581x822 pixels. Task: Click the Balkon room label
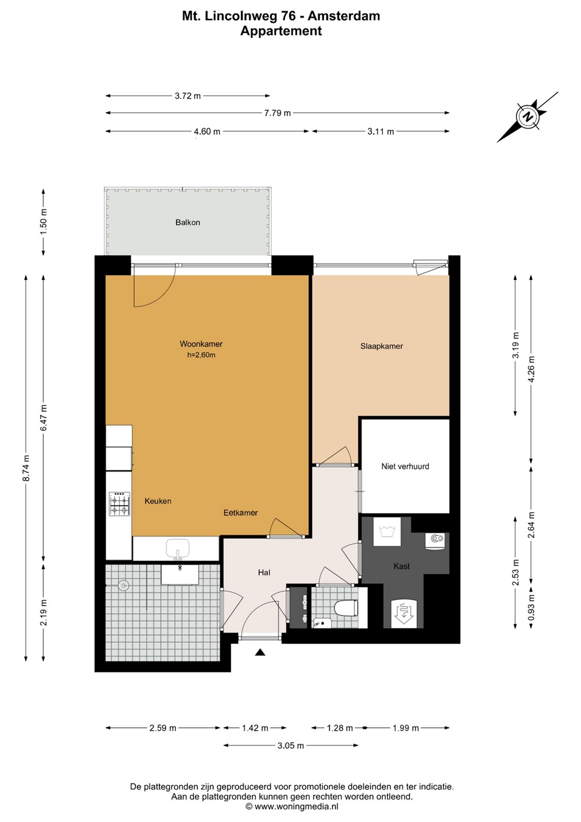[x=187, y=223]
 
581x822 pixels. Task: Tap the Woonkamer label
[x=201, y=344]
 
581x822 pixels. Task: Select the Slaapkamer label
[x=381, y=346]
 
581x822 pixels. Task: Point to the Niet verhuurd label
[x=405, y=466]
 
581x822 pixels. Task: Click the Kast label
[x=401, y=566]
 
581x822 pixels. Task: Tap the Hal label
[x=264, y=573]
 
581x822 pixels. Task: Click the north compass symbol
[x=528, y=116]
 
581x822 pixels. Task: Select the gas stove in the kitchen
[x=120, y=503]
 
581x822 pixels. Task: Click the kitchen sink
[x=178, y=549]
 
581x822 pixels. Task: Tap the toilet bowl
[x=346, y=608]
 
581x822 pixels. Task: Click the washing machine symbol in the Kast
[x=386, y=532]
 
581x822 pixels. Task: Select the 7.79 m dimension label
[x=277, y=113]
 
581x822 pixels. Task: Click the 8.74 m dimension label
[x=26, y=469]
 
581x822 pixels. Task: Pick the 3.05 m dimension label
[x=290, y=746]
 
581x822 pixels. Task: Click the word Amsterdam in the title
[x=344, y=16]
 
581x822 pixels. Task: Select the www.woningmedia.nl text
[x=296, y=806]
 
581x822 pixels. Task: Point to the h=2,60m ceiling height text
[x=201, y=355]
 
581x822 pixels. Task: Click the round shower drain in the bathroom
[x=124, y=585]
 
